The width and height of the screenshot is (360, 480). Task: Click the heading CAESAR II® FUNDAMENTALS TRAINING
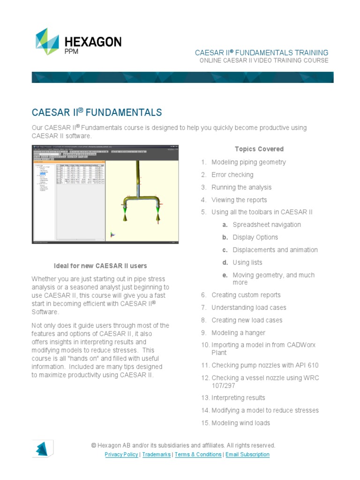262,52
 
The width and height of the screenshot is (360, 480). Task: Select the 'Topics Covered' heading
259,149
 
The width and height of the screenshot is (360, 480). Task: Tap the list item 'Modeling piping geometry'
248,162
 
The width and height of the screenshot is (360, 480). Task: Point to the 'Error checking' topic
232,175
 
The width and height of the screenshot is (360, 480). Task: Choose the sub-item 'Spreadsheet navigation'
267,225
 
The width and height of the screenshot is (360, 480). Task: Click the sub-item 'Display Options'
255,237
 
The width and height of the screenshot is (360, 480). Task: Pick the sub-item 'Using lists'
247,262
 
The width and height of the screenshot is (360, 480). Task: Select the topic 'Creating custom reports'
246,295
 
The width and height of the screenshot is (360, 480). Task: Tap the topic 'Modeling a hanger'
238,333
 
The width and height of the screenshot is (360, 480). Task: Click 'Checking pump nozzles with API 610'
265,365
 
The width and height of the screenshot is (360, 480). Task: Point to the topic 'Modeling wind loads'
240,423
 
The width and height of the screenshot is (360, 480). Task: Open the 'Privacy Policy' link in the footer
121,455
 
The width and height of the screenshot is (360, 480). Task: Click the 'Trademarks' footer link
157,455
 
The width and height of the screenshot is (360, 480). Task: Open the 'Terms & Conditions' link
198,455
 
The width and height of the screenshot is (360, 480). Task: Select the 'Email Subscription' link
247,455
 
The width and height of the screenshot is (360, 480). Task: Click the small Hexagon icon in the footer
42,448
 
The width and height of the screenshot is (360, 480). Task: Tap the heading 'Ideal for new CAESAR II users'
101,266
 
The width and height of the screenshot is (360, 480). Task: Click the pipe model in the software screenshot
140,197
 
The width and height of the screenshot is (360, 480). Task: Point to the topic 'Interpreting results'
238,398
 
